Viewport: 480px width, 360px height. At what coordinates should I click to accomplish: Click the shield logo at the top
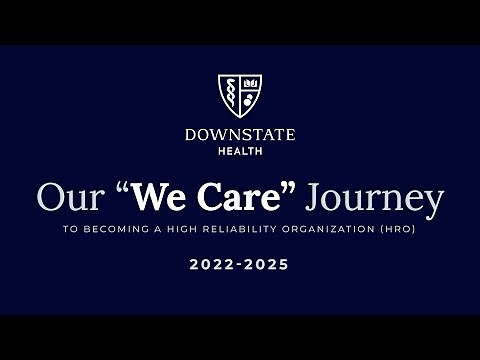[x=240, y=95]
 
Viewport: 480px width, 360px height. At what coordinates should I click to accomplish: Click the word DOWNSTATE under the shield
[x=240, y=135]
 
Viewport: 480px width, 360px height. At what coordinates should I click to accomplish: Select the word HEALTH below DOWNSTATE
[x=240, y=151]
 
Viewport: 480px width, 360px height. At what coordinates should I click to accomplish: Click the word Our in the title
[x=70, y=197]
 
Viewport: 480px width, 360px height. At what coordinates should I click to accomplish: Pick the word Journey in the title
[x=375, y=199]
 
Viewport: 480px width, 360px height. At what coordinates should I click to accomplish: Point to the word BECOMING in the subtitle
[x=142, y=229]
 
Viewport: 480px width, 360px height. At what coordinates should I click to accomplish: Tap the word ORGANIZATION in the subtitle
[x=345, y=229]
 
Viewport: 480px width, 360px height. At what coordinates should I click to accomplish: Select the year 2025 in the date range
[x=269, y=265]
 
